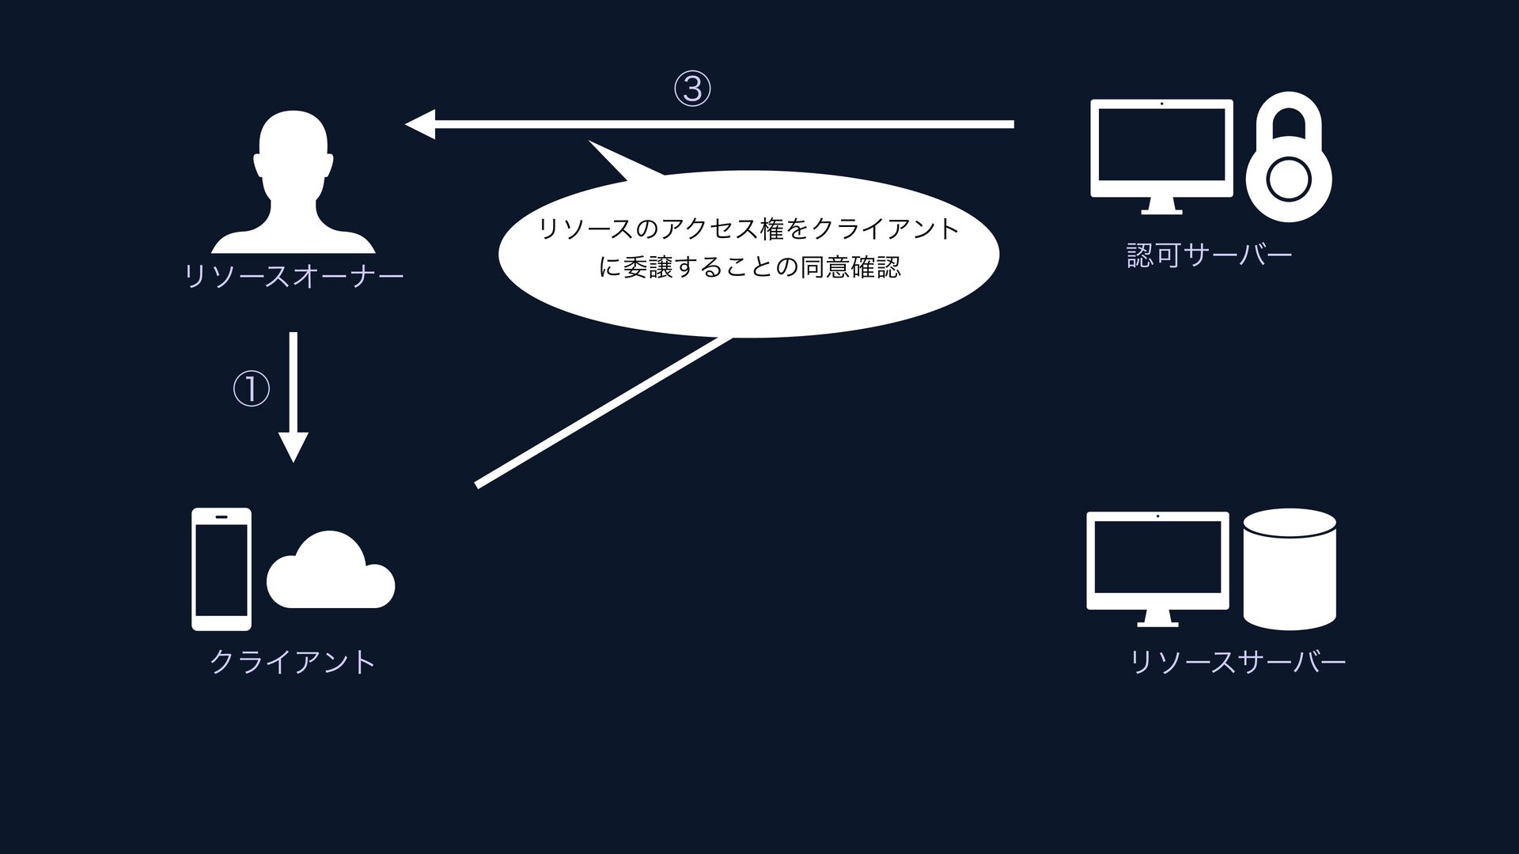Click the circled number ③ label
pyautogui.click(x=691, y=89)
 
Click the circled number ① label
pyautogui.click(x=251, y=390)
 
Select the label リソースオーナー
pyautogui.click(x=294, y=277)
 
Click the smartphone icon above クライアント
pyautogui.click(x=222, y=569)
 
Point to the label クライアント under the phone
pyautogui.click(x=293, y=662)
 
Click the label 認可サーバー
pyautogui.click(x=1209, y=255)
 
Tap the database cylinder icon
pyautogui.click(x=1290, y=569)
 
